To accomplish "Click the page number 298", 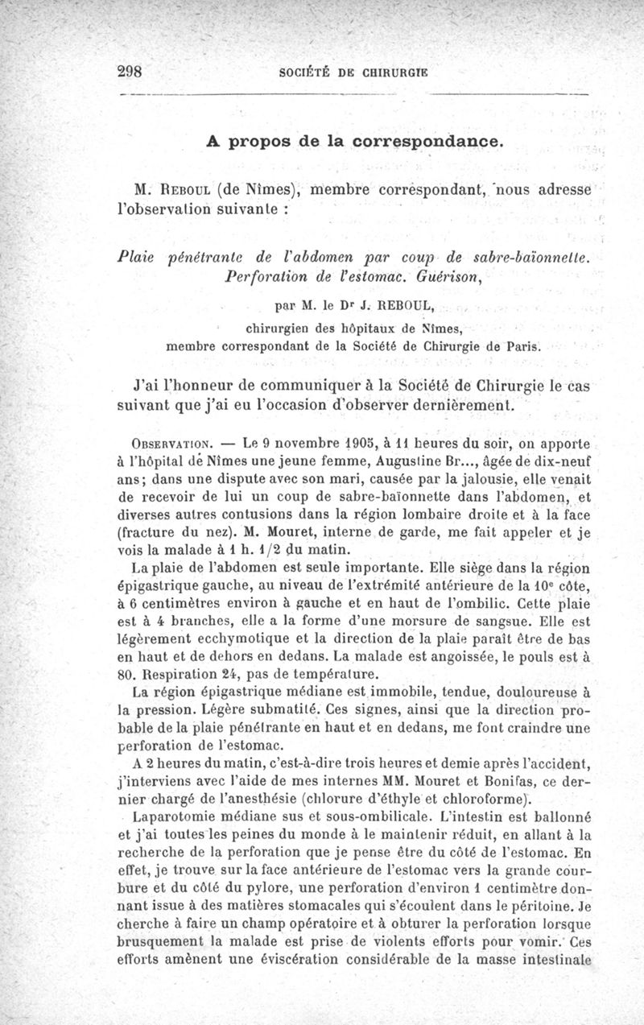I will click(130, 70).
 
